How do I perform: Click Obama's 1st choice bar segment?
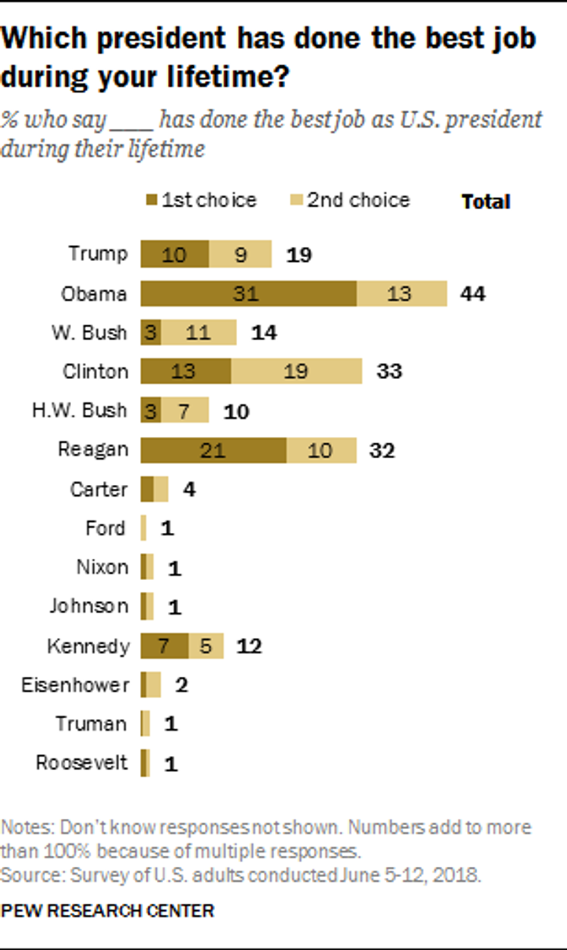pyautogui.click(x=248, y=294)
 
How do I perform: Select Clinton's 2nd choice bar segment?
pyautogui.click(x=296, y=371)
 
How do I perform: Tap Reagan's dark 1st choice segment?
pyautogui.click(x=213, y=450)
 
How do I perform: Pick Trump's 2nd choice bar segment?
pyautogui.click(x=240, y=254)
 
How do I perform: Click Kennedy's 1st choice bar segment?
pyautogui.click(x=164, y=645)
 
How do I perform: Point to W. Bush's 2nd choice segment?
pyautogui.click(x=198, y=332)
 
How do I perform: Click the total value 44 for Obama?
pyautogui.click(x=473, y=294)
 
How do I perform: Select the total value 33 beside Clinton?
pyautogui.click(x=389, y=371)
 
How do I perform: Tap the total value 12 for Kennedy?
pyautogui.click(x=249, y=645)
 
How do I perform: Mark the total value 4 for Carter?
pyautogui.click(x=189, y=489)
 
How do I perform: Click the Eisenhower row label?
pyautogui.click(x=75, y=685)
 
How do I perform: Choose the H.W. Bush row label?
pyautogui.click(x=79, y=410)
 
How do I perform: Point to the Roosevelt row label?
pyautogui.click(x=82, y=763)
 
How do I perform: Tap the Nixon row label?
pyautogui.click(x=102, y=567)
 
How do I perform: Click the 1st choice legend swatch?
pyautogui.click(x=152, y=200)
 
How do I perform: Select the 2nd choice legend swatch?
pyautogui.click(x=296, y=200)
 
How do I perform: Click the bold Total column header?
pyautogui.click(x=485, y=202)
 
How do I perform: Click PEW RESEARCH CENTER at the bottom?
pyautogui.click(x=108, y=911)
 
